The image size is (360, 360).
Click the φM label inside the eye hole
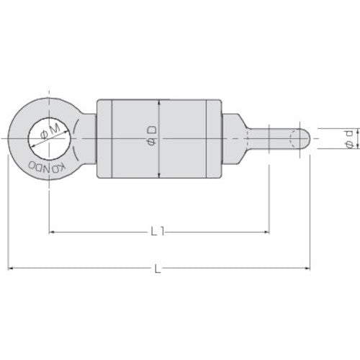[50, 135]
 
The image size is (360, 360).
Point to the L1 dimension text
[160, 233]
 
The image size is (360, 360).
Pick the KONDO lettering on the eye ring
[45, 167]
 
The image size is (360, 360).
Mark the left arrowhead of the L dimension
[12, 269]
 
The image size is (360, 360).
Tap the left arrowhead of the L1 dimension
[53, 233]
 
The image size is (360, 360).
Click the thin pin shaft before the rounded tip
[277, 137]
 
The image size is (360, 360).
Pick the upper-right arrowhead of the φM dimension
[70, 124]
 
